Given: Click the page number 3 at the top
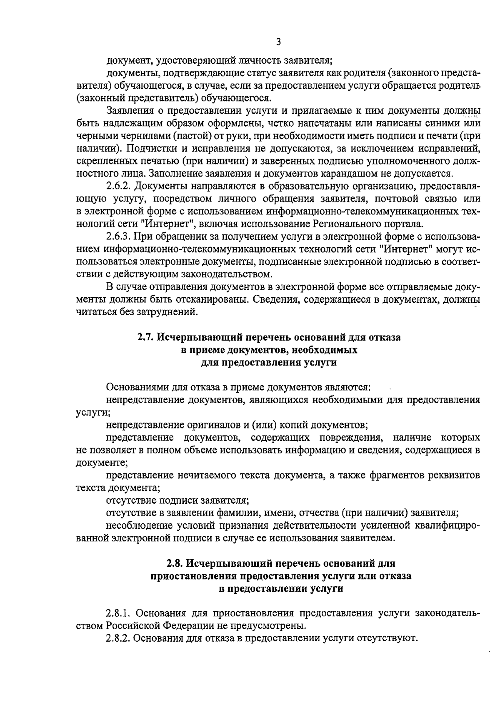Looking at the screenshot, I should click(x=278, y=42).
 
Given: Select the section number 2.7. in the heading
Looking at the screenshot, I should click(x=146, y=337).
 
